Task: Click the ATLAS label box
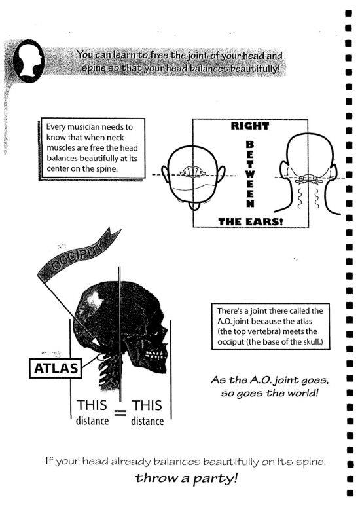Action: click(x=56, y=368)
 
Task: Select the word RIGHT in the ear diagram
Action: click(x=249, y=126)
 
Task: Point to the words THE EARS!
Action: click(x=251, y=221)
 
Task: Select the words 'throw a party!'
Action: click(x=187, y=478)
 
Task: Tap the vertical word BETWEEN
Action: click(x=251, y=174)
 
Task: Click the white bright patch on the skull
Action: click(x=93, y=303)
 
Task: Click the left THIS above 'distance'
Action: click(x=92, y=405)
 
